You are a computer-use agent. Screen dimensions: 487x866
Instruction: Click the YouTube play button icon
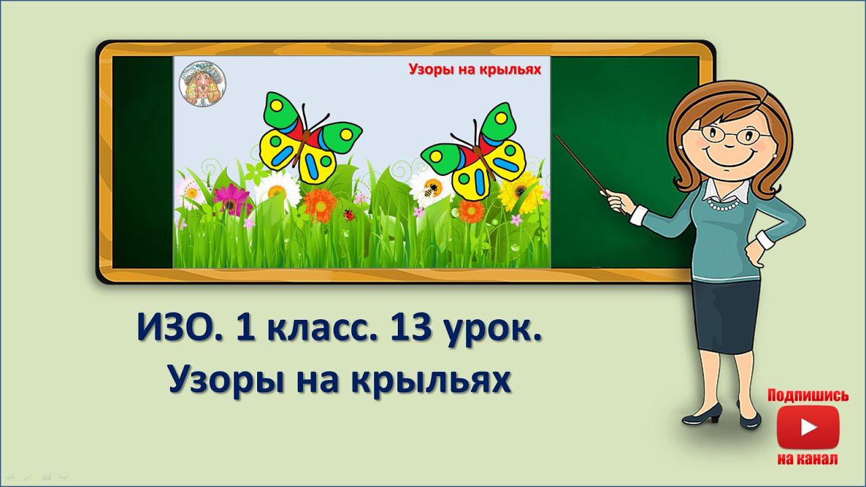(x=808, y=427)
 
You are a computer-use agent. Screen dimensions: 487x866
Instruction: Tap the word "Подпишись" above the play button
(x=808, y=396)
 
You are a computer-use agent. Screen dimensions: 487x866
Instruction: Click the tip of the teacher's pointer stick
(x=557, y=136)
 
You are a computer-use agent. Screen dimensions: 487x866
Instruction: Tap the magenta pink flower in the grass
(x=230, y=198)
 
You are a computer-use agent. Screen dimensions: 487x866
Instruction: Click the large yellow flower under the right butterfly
(x=522, y=193)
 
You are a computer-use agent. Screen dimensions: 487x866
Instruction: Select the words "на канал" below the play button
(x=808, y=459)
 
